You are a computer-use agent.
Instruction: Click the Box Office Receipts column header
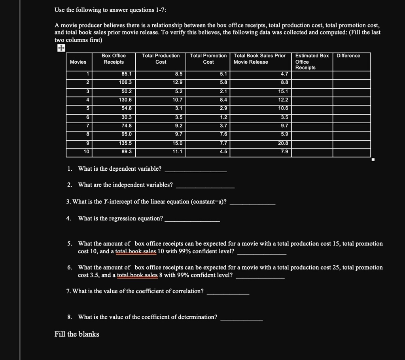click(114, 59)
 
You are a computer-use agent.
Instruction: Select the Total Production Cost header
click(161, 59)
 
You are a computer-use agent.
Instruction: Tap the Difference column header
click(348, 56)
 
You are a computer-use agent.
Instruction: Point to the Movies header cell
click(78, 62)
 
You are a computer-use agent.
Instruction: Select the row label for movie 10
click(86, 152)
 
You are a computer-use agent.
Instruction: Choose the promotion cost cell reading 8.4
click(223, 100)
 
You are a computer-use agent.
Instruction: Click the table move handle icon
click(61, 48)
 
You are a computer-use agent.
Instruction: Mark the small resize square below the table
click(373, 160)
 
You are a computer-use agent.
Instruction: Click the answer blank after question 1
click(195, 170)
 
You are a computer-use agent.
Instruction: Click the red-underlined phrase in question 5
click(138, 251)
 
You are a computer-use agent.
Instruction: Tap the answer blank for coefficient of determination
click(241, 317)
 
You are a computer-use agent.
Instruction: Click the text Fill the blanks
click(77, 334)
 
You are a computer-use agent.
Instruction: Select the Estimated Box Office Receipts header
click(312, 62)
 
